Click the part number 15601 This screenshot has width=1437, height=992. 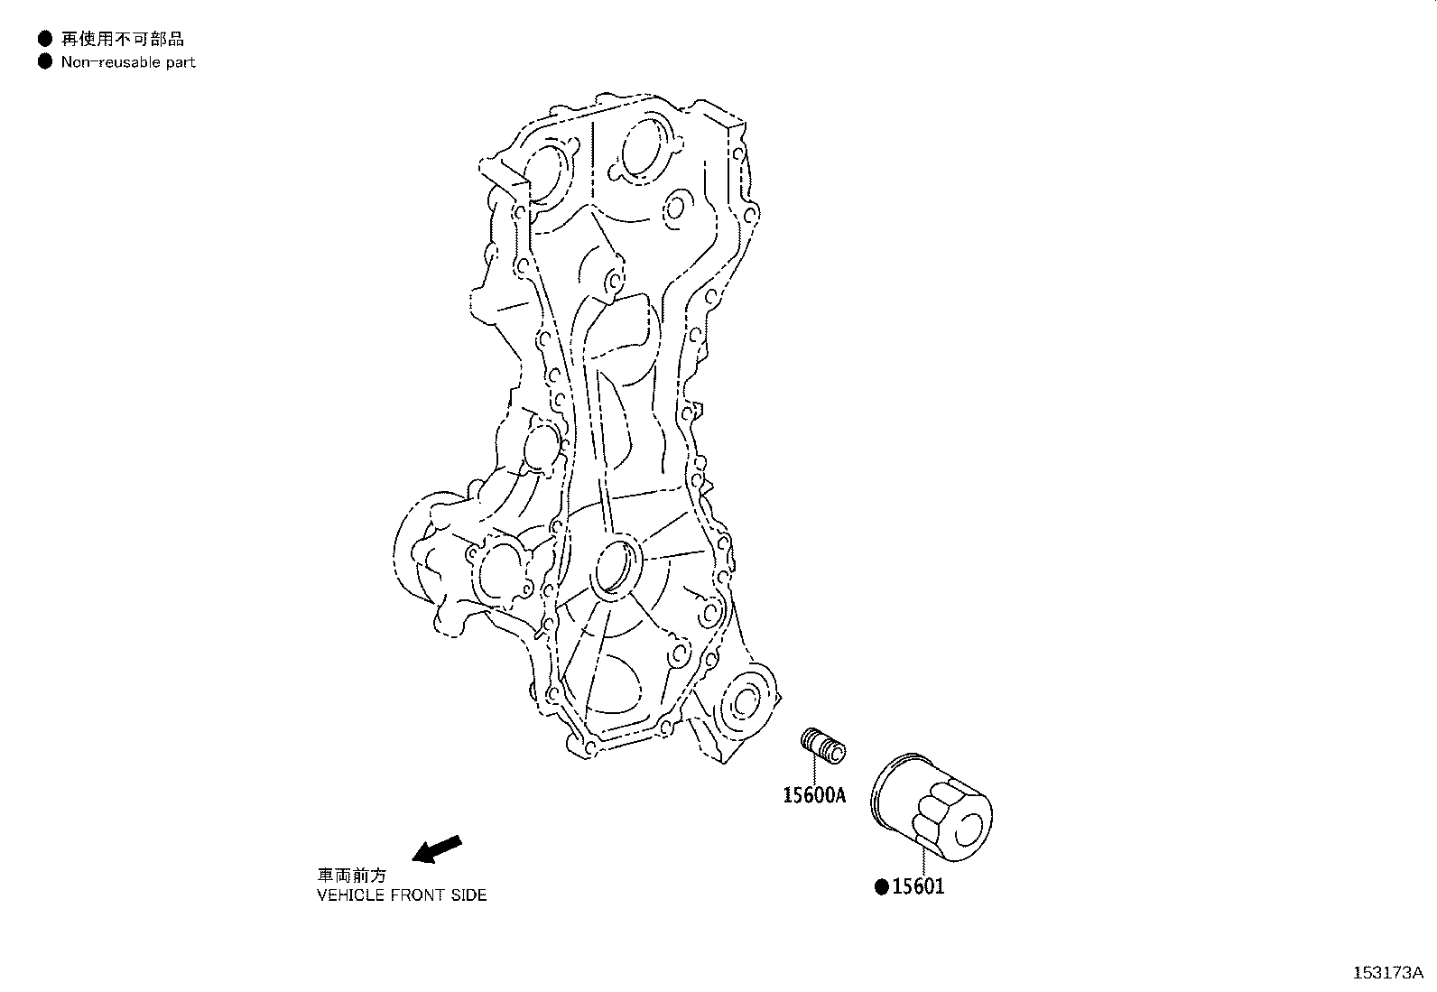pos(918,886)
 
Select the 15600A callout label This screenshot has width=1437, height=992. pos(813,795)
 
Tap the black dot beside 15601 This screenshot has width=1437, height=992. pos(882,886)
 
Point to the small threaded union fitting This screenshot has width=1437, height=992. pos(822,746)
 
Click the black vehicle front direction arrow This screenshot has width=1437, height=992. pos(436,849)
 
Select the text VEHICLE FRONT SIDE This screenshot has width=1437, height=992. pos(402,895)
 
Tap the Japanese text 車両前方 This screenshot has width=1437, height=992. pos(351,876)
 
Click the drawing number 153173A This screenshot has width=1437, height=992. pos(1386,972)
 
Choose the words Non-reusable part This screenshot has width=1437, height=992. pos(128,62)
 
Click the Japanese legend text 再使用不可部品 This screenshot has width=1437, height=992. pos(123,39)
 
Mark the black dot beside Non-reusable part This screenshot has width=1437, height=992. pos(44,62)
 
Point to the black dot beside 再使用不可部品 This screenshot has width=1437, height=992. pos(44,39)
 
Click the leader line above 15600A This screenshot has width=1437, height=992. pos(813,770)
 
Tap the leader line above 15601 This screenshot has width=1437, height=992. pos(923,857)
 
